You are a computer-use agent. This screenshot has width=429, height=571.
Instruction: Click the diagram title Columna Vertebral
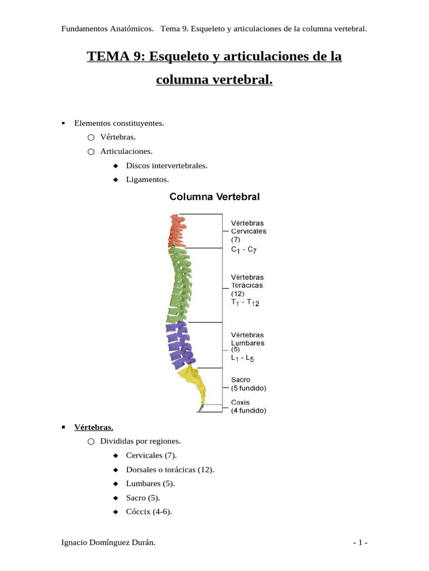pyautogui.click(x=214, y=196)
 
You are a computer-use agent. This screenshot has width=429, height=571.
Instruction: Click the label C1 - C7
pyautogui.click(x=244, y=250)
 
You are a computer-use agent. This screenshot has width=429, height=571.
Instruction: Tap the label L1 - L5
pyautogui.click(x=242, y=360)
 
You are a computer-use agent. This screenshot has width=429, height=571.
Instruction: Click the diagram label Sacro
pyautogui.click(x=241, y=379)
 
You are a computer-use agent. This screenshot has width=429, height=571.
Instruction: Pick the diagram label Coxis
pyautogui.click(x=240, y=402)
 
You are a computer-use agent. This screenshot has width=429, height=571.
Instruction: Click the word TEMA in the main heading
pyautogui.click(x=107, y=57)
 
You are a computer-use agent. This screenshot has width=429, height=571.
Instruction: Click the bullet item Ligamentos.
pyautogui.click(x=147, y=180)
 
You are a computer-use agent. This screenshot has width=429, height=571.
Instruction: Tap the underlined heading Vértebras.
pyautogui.click(x=94, y=427)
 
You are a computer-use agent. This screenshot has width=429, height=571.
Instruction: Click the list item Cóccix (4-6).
pyautogui.click(x=149, y=511)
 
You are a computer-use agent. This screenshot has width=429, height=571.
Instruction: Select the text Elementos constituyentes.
pyautogui.click(x=119, y=123)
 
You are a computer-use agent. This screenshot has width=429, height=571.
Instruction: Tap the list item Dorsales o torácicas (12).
pyautogui.click(x=170, y=470)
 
